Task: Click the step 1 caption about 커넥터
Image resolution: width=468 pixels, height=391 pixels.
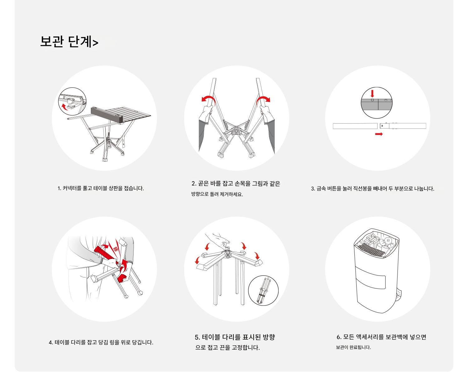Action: (x=101, y=188)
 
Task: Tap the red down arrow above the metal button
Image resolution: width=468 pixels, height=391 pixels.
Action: (x=372, y=94)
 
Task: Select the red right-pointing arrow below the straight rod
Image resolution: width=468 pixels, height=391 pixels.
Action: (x=379, y=134)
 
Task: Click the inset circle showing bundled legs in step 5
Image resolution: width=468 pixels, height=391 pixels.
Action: (x=263, y=291)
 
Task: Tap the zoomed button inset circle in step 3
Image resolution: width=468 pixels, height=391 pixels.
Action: (x=377, y=103)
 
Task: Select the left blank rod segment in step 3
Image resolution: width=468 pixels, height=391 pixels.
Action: (x=355, y=126)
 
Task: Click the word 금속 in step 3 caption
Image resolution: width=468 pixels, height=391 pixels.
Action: (x=321, y=189)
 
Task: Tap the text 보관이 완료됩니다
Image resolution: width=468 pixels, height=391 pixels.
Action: (x=353, y=348)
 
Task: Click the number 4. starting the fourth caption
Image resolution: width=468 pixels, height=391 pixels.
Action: (x=51, y=343)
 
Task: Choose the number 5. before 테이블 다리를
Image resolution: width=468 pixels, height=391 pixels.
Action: (x=197, y=337)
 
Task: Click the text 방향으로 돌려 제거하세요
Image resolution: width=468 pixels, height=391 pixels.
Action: (x=217, y=194)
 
